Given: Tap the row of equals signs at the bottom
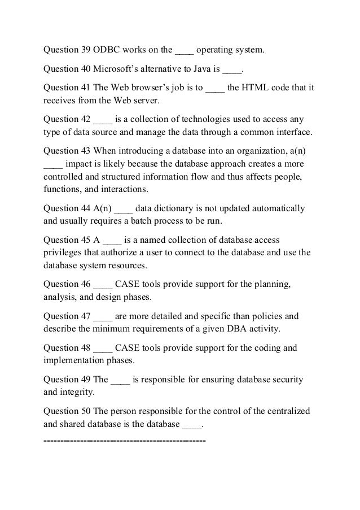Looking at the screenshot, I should tap(125, 439).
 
